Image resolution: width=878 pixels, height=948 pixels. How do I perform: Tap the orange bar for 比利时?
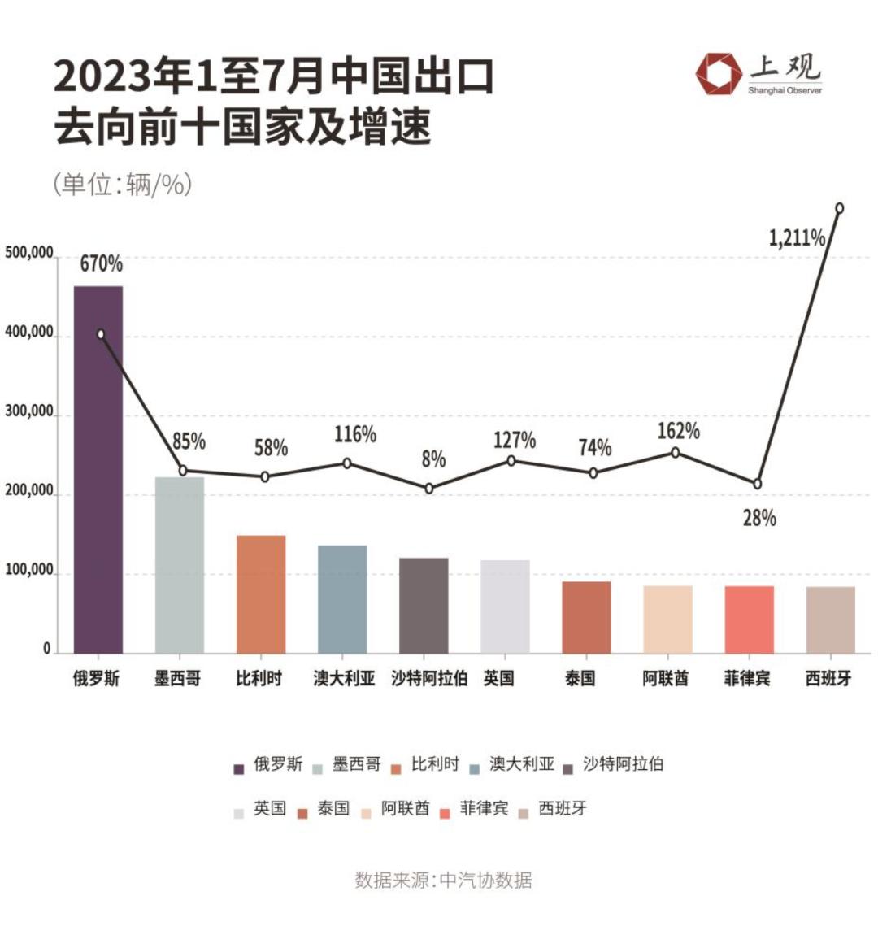click(261, 594)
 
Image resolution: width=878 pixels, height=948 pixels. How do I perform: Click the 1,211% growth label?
click(797, 238)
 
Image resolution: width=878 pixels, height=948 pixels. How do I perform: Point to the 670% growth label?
click(101, 263)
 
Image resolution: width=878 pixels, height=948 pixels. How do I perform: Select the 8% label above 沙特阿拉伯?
click(433, 459)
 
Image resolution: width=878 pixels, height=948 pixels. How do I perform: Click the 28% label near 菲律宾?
click(759, 518)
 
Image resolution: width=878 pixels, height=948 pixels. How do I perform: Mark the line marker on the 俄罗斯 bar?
click(101, 334)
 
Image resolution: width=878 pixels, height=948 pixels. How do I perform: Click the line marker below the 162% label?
click(675, 453)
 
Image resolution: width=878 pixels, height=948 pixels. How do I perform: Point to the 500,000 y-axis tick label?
click(28, 253)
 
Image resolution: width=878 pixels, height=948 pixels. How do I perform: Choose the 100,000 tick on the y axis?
click(28, 571)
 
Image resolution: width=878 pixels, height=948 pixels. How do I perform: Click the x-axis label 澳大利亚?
click(344, 678)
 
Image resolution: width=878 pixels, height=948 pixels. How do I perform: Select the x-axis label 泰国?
click(580, 678)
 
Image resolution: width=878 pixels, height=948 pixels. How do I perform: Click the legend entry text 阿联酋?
click(405, 809)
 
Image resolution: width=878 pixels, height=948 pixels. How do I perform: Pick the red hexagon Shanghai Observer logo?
click(719, 74)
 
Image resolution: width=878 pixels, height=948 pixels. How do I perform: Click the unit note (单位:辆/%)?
click(123, 185)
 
